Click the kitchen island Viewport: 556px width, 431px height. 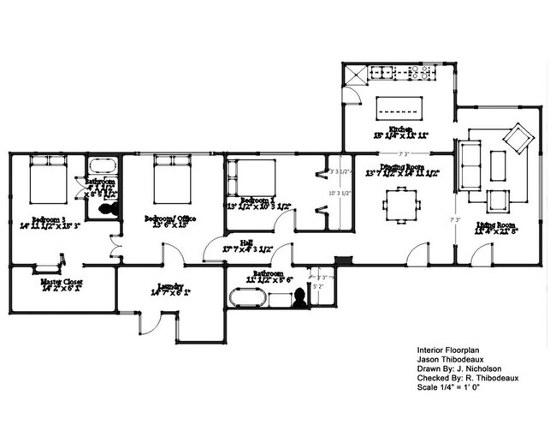tap(401, 107)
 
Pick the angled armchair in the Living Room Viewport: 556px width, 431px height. tap(518, 136)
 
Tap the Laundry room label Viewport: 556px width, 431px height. tap(171, 287)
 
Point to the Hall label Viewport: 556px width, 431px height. tap(246, 242)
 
